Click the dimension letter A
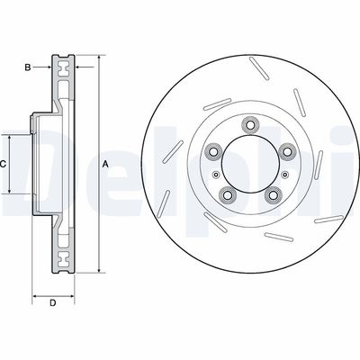105,164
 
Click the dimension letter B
28,67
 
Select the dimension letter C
3,164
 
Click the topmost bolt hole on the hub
250,124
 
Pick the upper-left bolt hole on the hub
212,151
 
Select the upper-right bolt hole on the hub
287,151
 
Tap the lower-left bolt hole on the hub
227,195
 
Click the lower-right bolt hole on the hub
273,195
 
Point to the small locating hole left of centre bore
215,175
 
